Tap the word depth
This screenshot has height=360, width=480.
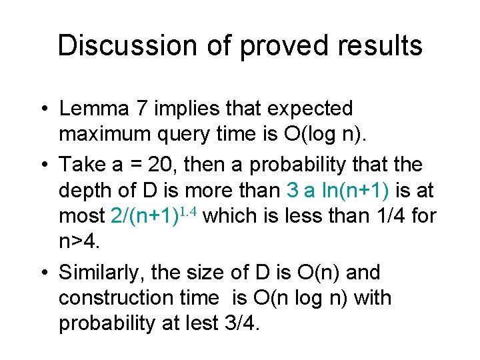[81, 191]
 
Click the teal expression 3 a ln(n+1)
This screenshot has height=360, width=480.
[339, 191]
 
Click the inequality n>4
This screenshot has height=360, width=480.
[78, 243]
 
